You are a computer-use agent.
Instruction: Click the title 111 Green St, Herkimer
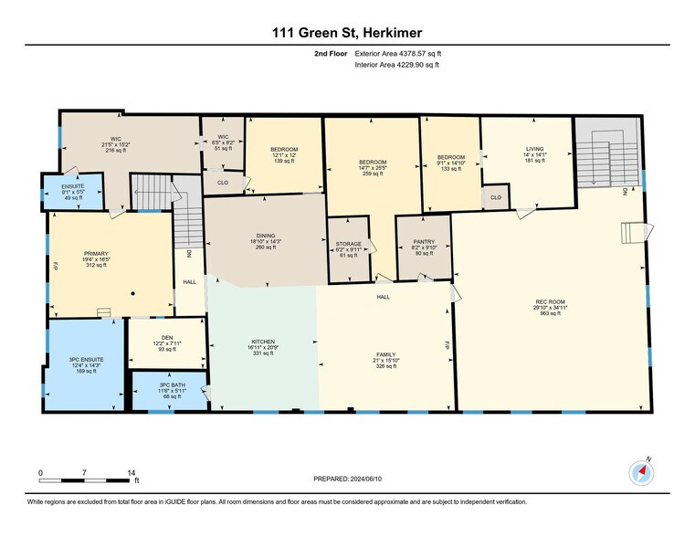[x=347, y=33]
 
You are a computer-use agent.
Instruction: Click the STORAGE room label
[x=349, y=244]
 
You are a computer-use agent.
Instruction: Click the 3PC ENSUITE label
[x=88, y=359]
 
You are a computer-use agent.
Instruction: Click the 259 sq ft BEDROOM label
[x=373, y=162]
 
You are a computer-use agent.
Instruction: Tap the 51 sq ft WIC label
[x=222, y=136]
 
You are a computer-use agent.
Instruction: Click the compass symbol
[x=642, y=472]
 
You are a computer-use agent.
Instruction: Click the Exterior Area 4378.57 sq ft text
[x=404, y=54]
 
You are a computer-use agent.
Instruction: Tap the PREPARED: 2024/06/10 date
[x=347, y=479]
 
